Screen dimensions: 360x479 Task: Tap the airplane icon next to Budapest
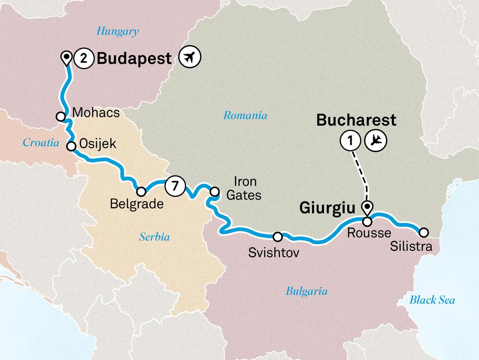[x=191, y=57]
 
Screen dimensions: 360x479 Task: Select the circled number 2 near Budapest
[x=83, y=58]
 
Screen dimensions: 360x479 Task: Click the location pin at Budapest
[x=67, y=58]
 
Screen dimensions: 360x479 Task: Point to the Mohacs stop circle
[x=61, y=116]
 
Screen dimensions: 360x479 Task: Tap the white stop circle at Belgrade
[x=141, y=192]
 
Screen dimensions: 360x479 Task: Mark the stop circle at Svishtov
[x=278, y=236]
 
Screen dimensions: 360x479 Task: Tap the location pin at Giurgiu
[x=367, y=206]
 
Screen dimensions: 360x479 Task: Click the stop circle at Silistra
[x=424, y=232]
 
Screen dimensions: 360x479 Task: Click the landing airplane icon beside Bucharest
[x=376, y=141]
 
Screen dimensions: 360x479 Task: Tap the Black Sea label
[x=432, y=301]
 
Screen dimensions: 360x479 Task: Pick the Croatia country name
[x=41, y=143]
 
